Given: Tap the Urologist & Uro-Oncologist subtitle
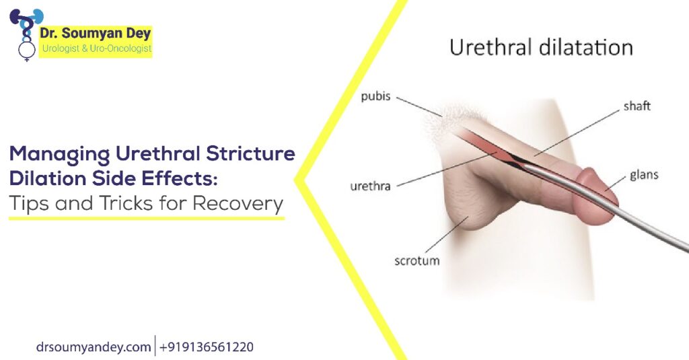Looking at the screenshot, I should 96,48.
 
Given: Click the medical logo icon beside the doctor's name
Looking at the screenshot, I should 25,34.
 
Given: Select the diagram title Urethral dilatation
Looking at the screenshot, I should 541,48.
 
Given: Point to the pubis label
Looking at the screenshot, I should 375,96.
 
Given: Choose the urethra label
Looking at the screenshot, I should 369,186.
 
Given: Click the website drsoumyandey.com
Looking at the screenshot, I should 94,347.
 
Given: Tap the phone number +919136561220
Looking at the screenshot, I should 207,347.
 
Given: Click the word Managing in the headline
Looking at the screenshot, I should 59,153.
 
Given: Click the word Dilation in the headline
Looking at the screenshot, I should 47,178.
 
